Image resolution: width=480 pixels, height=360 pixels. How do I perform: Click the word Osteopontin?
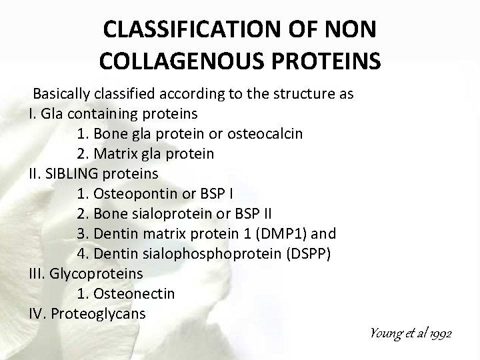(133, 194)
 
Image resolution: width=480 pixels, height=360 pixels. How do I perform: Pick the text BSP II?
(267, 214)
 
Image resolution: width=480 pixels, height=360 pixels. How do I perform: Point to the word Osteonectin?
(136, 293)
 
